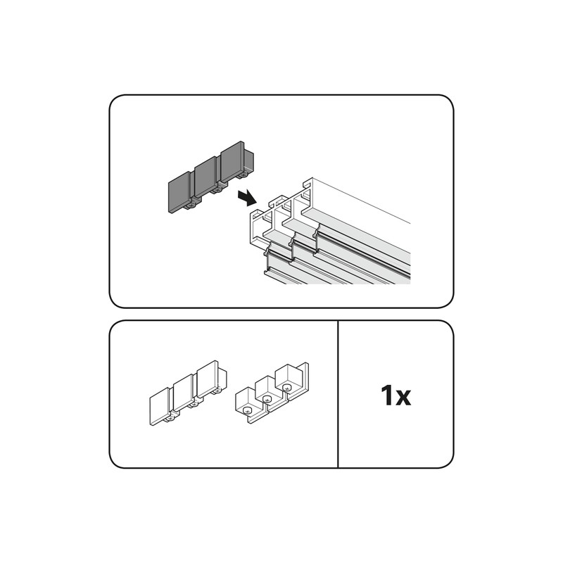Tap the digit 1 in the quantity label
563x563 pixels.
[388, 396]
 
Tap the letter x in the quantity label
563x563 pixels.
[403, 398]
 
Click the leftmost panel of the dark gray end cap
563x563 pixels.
[179, 195]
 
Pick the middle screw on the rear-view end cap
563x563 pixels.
[267, 398]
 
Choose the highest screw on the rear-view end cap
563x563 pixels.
[286, 386]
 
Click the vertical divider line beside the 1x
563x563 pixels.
[339, 394]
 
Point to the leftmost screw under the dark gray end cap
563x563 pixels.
[191, 208]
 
